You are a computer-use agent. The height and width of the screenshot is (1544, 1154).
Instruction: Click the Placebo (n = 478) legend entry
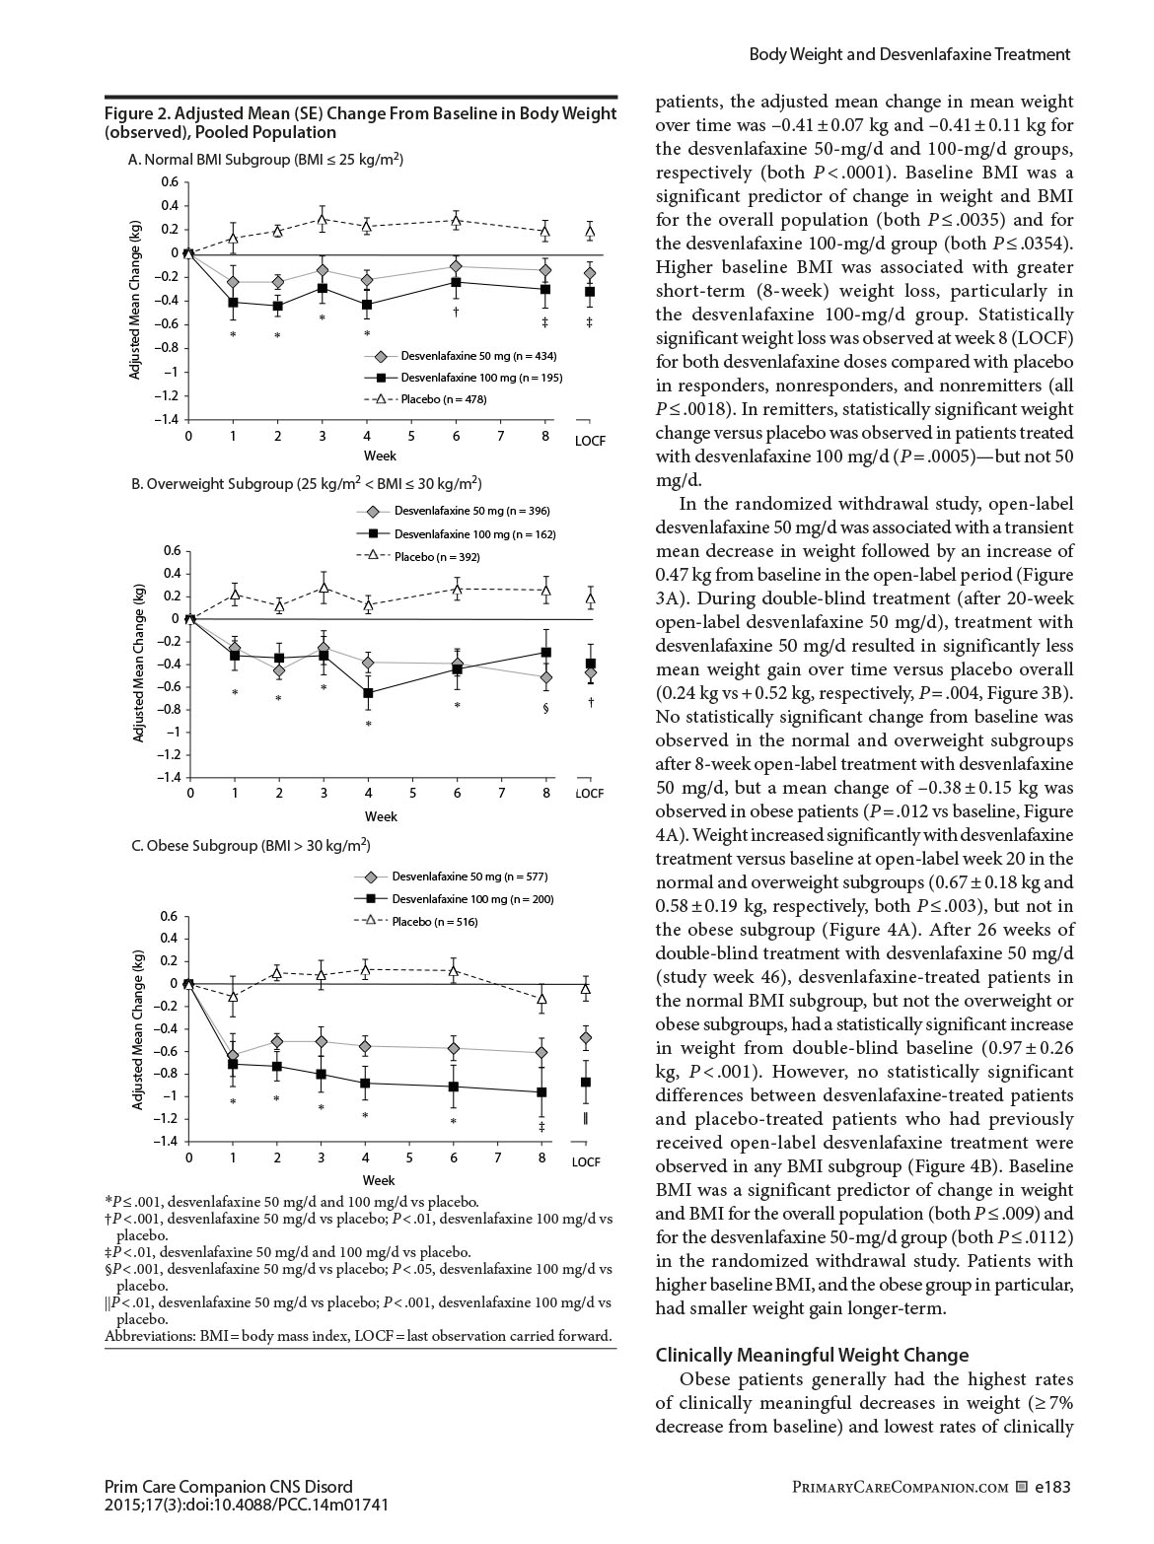coord(443,399)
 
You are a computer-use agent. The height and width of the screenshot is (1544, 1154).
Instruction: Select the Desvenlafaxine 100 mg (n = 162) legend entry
coord(474,534)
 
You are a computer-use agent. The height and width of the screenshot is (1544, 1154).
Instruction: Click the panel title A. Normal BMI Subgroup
coord(265,159)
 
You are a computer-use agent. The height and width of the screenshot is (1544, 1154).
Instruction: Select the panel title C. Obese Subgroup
coord(251,846)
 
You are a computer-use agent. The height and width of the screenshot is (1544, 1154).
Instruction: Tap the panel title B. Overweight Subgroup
coord(306,483)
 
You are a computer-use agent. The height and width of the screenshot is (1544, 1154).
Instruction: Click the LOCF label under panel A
coord(590,441)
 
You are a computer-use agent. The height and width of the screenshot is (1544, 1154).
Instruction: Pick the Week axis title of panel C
coord(379,1179)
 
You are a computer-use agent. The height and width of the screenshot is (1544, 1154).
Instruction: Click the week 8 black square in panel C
coord(541,1092)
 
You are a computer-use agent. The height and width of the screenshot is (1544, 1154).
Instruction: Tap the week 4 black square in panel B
coord(368,693)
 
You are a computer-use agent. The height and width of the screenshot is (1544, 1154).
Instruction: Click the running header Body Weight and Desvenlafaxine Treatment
coord(909,54)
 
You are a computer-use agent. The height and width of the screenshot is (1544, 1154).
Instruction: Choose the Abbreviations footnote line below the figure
coord(358,1337)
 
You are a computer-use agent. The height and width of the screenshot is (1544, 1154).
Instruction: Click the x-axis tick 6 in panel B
coord(457,793)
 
